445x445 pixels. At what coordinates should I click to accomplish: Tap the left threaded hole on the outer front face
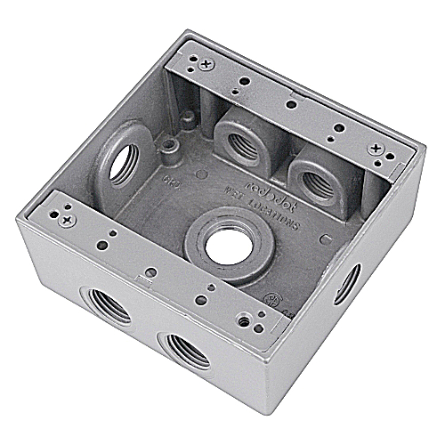(x=106, y=309)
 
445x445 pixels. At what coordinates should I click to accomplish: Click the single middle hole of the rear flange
(x=291, y=104)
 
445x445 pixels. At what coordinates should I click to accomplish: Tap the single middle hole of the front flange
(x=151, y=271)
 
